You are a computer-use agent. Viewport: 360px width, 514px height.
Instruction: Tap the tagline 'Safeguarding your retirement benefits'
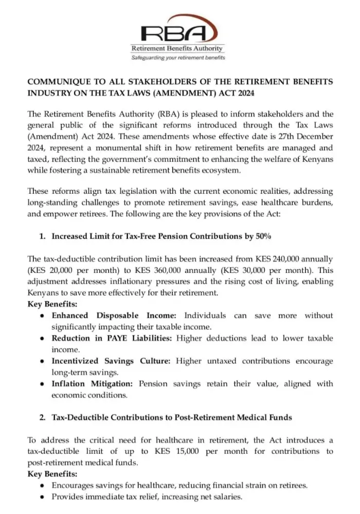[x=178, y=58]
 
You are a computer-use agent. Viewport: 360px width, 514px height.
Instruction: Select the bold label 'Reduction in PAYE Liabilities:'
[x=113, y=338]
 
